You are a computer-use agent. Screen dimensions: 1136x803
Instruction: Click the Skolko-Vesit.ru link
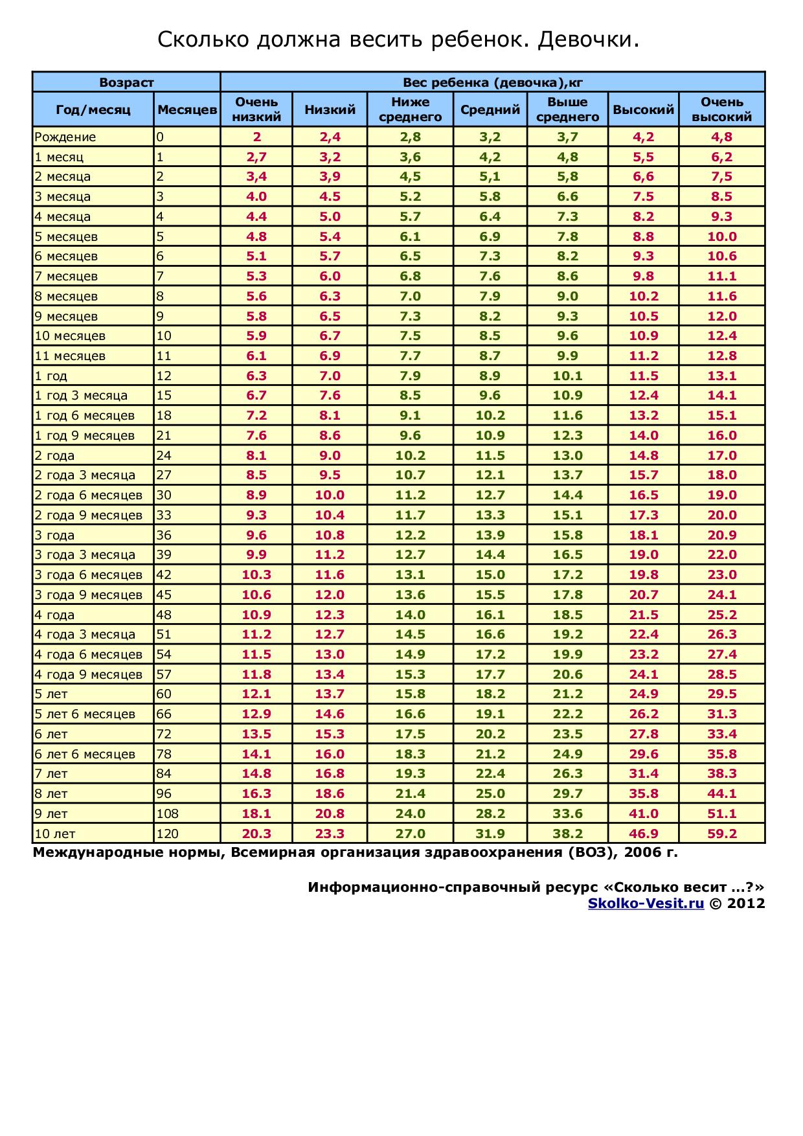646,903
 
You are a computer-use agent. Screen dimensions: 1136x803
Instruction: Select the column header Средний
490,109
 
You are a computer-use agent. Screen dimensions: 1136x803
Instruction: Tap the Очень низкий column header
256,109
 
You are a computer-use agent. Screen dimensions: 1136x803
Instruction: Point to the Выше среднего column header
567,109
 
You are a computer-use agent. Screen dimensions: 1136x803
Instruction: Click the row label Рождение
65,137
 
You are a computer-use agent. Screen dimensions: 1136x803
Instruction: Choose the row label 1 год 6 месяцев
85,415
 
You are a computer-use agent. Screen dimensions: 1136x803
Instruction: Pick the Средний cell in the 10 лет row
490,834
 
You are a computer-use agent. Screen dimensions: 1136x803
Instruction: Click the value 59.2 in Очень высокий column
722,834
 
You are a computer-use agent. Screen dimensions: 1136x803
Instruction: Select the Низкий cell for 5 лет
330,694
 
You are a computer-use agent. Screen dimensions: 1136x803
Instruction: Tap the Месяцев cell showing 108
167,813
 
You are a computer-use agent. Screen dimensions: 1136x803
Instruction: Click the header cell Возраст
126,82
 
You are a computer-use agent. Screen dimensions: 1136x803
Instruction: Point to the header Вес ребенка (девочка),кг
493,82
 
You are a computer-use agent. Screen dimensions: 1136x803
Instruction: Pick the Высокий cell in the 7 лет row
644,773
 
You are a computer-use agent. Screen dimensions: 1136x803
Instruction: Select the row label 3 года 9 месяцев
89,595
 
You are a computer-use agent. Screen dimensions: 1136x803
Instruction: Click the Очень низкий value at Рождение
256,137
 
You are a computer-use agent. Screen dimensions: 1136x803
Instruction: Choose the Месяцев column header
187,109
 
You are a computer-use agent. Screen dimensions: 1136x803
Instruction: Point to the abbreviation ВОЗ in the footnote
589,852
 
